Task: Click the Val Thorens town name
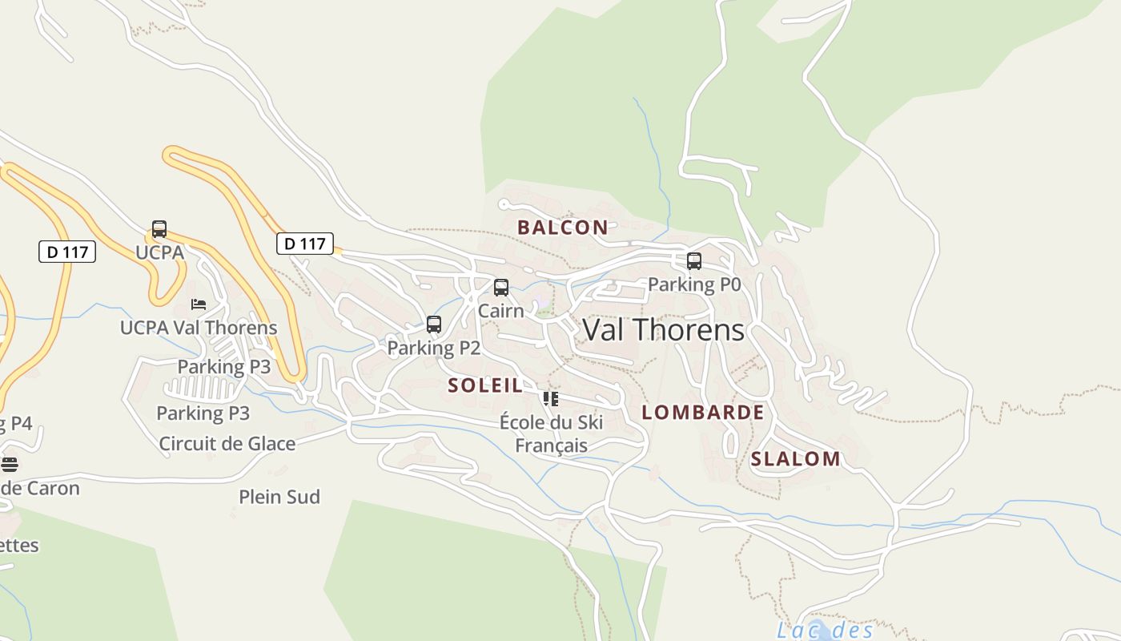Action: coord(664,330)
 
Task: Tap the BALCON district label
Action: coord(562,228)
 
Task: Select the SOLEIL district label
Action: coord(485,385)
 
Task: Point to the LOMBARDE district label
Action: coord(703,413)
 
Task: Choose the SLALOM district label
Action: coord(795,459)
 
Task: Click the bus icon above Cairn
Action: coord(501,288)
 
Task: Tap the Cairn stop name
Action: coord(501,310)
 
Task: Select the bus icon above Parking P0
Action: coord(694,261)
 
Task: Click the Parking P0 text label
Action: coord(694,284)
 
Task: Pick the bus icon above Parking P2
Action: coord(434,325)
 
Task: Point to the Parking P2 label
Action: coord(434,348)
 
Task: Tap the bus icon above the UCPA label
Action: coord(159,229)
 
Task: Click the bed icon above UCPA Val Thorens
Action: coord(199,304)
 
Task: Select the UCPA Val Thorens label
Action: coord(199,328)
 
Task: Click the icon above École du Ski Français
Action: coord(551,398)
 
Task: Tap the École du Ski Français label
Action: coord(551,433)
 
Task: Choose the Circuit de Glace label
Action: coord(227,444)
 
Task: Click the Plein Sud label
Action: coord(279,497)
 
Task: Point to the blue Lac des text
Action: coord(825,631)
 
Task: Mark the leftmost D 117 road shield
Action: coord(67,252)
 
